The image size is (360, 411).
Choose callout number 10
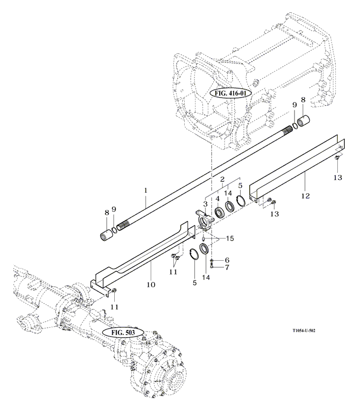pyautogui.click(x=151, y=284)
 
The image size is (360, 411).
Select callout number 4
pyautogui.click(x=216, y=199)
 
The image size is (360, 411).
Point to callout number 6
pyautogui.click(x=227, y=260)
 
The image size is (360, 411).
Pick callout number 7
pyautogui.click(x=227, y=268)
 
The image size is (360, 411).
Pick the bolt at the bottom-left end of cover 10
pyautogui.click(x=113, y=292)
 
